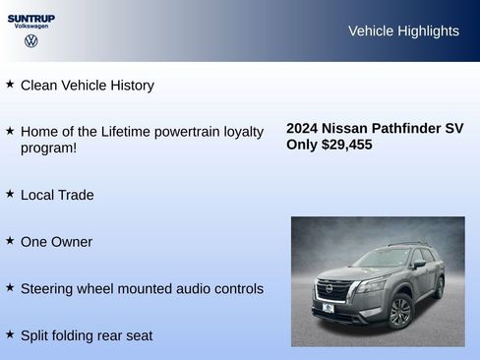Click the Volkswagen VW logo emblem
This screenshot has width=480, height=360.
31,40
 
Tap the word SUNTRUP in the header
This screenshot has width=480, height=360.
31,18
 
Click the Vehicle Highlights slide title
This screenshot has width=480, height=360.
403,30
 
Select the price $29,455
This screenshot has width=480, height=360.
347,144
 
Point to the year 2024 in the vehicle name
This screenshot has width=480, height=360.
302,128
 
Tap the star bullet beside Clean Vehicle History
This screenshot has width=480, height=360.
10,85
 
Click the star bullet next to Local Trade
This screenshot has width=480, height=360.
10,194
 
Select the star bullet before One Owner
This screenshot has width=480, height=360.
10,241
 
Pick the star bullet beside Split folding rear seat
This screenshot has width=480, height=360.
10,334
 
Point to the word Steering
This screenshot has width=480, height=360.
49,289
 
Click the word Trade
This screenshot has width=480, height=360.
75,195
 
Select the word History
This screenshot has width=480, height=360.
129,86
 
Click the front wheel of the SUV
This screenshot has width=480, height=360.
399,311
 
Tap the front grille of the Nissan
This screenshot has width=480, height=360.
333,290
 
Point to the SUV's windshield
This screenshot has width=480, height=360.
382,259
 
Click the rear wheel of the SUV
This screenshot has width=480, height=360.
439,286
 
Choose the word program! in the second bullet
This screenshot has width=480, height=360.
48,149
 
